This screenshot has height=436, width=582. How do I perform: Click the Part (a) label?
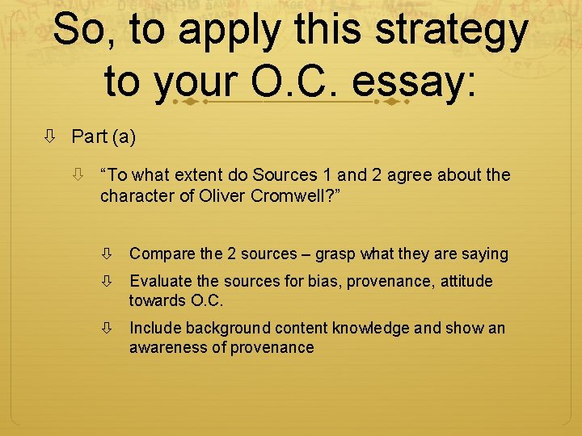tap(103, 136)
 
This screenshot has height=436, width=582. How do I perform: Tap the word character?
tap(134, 195)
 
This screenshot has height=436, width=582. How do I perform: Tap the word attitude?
tap(464, 281)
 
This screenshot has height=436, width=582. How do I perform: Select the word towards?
tap(157, 300)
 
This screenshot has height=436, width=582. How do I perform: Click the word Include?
tap(155, 328)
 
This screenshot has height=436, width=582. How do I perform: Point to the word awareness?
tap(168, 347)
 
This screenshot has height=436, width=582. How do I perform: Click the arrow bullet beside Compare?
tap(112, 254)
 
